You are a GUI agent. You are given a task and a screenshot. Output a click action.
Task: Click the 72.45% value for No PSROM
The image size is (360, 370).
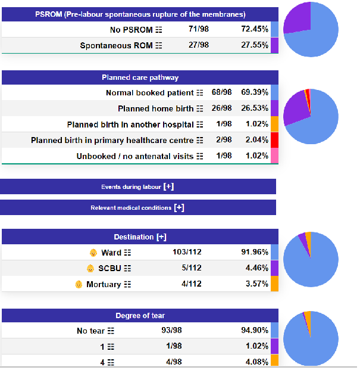(255, 29)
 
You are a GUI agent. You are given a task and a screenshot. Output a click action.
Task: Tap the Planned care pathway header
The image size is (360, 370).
(140, 77)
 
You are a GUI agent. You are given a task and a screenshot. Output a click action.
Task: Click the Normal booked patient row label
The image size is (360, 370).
(149, 93)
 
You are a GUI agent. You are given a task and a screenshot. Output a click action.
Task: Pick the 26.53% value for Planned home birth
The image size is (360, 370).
(255, 108)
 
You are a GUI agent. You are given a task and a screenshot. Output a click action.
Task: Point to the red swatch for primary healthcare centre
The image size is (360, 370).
(274, 140)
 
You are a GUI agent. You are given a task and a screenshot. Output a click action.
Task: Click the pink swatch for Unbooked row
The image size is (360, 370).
(274, 156)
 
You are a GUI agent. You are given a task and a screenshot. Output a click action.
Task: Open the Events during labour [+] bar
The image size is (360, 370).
(137, 187)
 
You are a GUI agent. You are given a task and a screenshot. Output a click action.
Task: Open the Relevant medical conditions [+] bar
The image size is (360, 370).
(137, 208)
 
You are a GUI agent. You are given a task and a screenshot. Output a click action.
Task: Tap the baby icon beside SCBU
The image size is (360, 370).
(90, 268)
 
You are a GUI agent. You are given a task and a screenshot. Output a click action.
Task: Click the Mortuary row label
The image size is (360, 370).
(104, 284)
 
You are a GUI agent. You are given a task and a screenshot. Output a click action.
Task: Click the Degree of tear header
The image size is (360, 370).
(140, 315)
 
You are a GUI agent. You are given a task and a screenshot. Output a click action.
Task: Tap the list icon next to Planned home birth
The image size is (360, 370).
(199, 109)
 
